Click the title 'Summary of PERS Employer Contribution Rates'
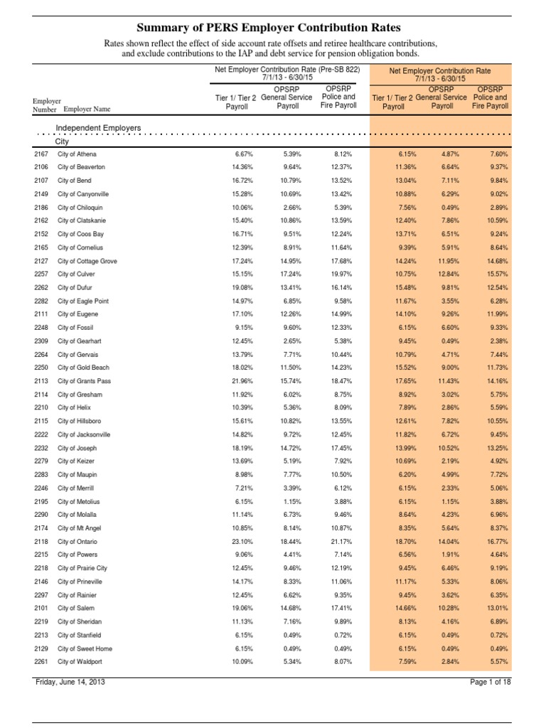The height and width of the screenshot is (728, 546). click(273, 28)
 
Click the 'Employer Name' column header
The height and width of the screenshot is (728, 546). click(87, 109)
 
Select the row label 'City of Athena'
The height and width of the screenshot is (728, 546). click(77, 154)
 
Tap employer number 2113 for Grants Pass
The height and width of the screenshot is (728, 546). click(41, 381)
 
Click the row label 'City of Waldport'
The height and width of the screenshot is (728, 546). click(80, 662)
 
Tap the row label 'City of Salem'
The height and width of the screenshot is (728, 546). click(75, 609)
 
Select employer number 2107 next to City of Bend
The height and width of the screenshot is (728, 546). click(41, 181)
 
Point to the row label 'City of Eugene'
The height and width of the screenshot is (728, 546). click(78, 314)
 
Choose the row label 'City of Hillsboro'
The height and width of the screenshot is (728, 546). click(80, 421)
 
